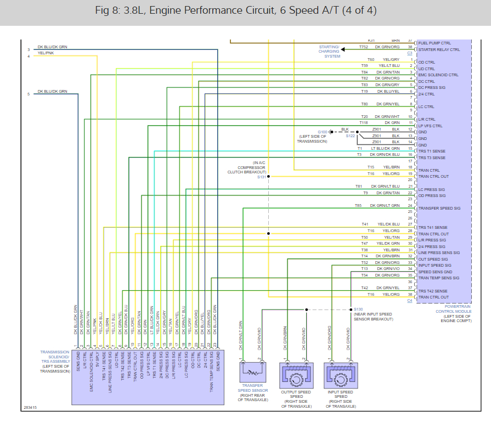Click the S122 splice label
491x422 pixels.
pos(350,136)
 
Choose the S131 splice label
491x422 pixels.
pos(261,177)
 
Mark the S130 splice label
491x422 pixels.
pos(358,310)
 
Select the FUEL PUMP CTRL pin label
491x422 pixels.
pos(434,42)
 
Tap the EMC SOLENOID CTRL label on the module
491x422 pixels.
pos(438,75)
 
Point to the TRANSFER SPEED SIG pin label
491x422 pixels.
pos(439,209)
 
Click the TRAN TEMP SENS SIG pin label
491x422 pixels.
pos(439,278)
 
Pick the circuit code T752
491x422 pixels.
pos(364,47)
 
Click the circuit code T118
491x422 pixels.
pos(364,123)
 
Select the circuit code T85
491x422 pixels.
pos(358,206)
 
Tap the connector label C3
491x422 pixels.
pos(410,53)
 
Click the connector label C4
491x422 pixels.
pos(409,301)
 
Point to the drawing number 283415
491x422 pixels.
pos(30,408)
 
